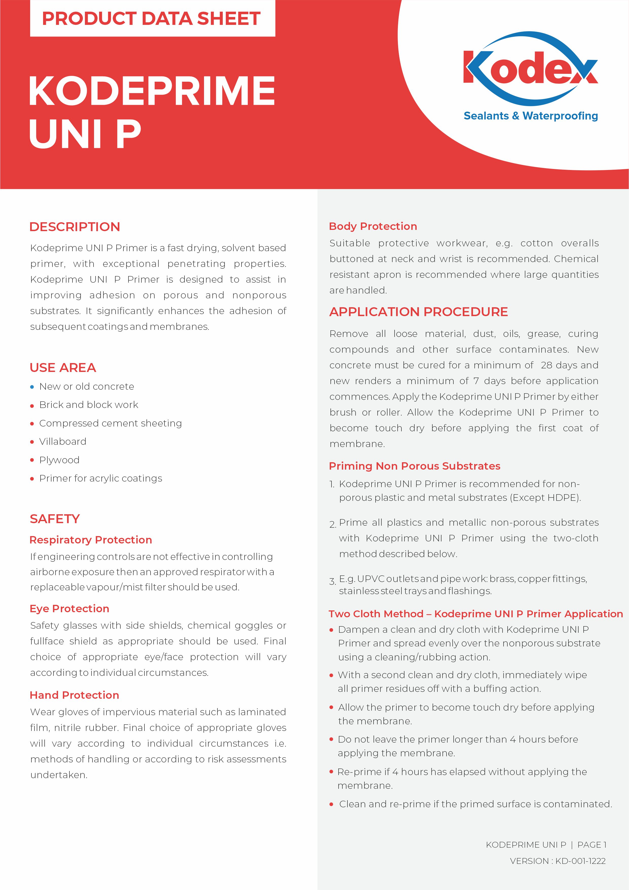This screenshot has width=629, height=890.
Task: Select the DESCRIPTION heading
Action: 75,227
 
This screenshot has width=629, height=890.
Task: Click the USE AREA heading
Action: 63,367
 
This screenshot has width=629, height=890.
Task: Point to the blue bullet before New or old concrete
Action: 32,387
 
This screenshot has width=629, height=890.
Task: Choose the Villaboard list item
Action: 63,441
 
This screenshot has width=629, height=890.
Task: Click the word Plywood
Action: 59,460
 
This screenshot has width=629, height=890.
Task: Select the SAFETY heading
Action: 54,519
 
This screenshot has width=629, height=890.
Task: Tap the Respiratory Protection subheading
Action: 91,540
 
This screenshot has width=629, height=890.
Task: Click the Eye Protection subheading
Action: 69,609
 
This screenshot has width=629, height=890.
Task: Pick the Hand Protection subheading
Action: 74,695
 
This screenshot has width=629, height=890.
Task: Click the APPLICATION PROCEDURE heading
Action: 418,312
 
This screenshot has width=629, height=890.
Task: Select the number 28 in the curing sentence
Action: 546,365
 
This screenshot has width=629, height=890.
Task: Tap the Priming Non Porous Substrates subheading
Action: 414,466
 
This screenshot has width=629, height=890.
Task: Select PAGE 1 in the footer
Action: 591,845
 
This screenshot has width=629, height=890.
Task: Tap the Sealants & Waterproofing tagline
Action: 531,116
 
